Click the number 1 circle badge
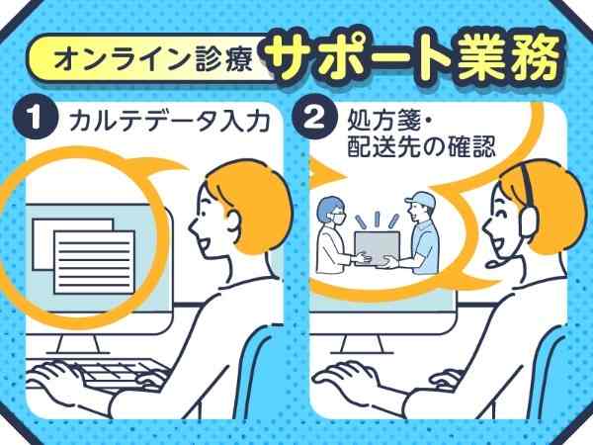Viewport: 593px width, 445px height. pyautogui.click(x=36, y=118)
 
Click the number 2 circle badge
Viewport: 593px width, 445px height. pyautogui.click(x=314, y=118)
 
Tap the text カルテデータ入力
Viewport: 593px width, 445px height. pyautogui.click(x=169, y=121)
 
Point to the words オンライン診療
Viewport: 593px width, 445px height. pyautogui.click(x=153, y=59)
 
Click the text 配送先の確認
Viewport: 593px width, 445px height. pyautogui.click(x=421, y=146)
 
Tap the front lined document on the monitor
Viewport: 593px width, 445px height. pyautogui.click(x=94, y=262)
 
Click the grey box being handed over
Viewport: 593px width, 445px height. pyautogui.click(x=377, y=249)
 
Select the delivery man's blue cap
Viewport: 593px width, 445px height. pyautogui.click(x=420, y=200)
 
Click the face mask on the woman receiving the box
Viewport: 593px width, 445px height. pyautogui.click(x=338, y=220)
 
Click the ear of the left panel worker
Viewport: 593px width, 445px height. pyautogui.click(x=234, y=224)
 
